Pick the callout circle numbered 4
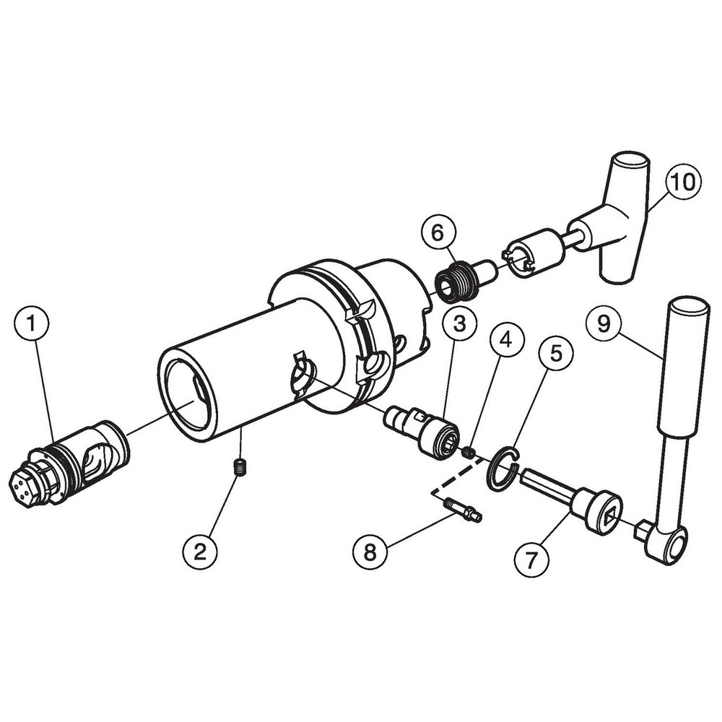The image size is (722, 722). (x=506, y=339)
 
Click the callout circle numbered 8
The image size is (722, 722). (x=370, y=553)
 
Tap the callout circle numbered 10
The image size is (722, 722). (x=682, y=181)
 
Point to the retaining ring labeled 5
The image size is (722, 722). (x=502, y=470)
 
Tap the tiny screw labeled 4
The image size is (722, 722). (x=469, y=453)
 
